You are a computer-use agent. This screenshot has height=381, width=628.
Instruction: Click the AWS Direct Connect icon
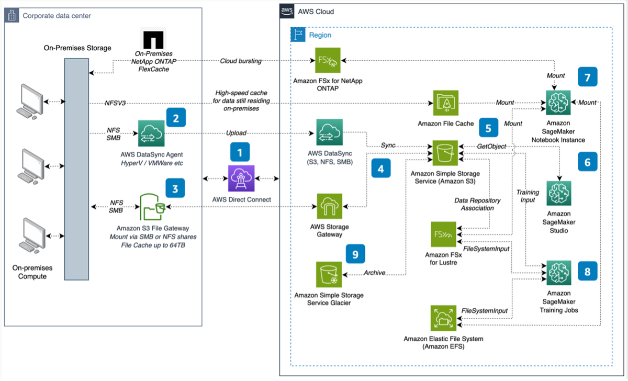(240, 178)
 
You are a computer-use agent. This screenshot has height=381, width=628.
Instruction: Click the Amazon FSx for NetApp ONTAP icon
(329, 61)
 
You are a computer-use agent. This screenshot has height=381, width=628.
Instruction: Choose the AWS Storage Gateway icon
(329, 207)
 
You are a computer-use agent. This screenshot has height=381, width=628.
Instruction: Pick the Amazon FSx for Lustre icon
(443, 234)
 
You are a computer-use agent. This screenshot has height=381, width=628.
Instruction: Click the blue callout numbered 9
(355, 254)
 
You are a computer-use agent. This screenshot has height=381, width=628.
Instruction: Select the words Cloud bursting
(241, 61)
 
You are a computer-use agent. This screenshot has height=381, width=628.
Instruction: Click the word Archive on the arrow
(374, 273)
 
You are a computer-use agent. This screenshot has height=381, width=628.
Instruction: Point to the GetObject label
(491, 146)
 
